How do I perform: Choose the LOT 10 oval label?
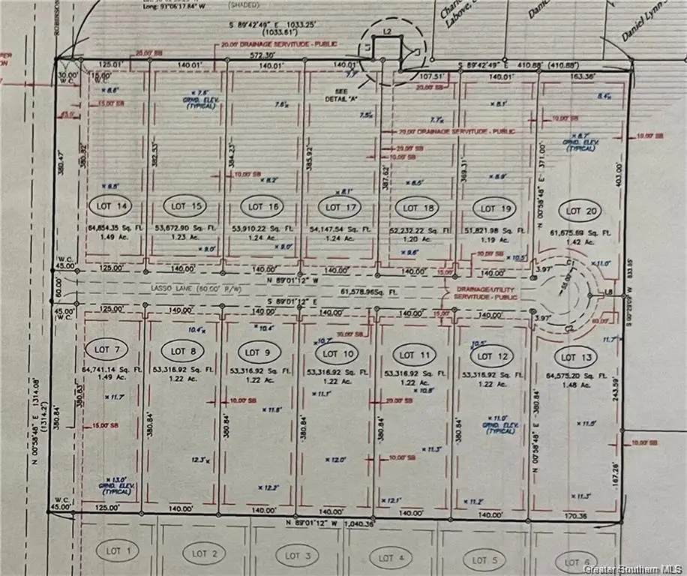337,353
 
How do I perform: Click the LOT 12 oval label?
492,355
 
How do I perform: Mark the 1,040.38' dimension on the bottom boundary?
360,523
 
